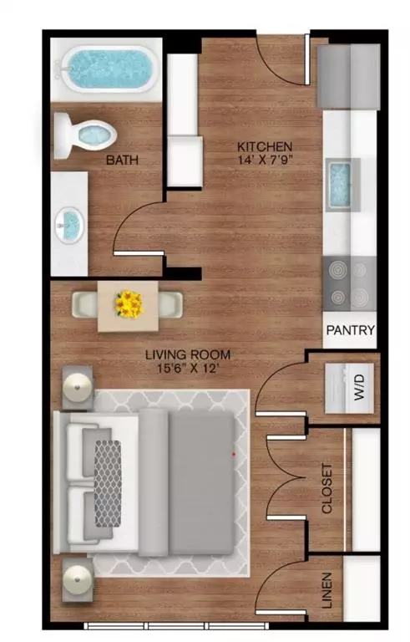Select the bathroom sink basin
tap(70, 223)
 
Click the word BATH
tap(121, 160)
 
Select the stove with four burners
tap(348, 284)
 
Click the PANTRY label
tap(350, 330)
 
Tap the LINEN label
tap(326, 590)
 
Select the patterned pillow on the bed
tap(106, 482)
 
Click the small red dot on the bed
tap(234, 454)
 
